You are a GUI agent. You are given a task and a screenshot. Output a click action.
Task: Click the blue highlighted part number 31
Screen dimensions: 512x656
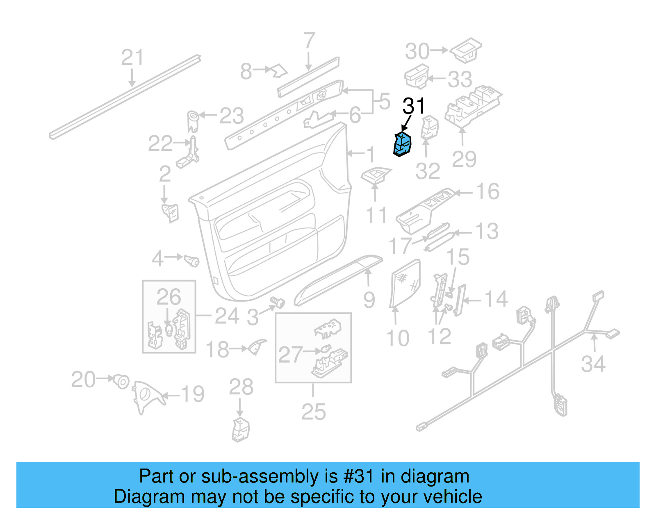(402, 145)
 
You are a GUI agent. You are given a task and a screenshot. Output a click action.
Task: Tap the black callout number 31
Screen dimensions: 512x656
(414, 106)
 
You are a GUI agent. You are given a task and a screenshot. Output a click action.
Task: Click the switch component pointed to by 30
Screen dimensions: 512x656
(466, 50)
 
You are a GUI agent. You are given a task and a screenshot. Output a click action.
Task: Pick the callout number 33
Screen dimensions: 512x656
(460, 79)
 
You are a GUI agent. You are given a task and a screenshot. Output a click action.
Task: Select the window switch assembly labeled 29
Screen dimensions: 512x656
(472, 106)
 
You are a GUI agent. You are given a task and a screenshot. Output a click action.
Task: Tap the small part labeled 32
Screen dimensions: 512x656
(430, 127)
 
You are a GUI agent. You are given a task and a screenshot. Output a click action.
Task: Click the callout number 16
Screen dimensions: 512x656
(487, 191)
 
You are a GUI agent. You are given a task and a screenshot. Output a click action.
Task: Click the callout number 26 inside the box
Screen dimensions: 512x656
(169, 297)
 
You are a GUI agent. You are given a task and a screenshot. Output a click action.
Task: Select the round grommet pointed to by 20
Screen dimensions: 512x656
(122, 381)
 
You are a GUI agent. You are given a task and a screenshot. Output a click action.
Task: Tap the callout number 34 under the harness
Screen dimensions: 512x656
(593, 364)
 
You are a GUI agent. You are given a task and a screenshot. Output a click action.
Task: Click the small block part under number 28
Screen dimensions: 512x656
(241, 430)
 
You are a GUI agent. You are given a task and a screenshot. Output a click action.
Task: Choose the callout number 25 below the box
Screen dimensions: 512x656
(313, 412)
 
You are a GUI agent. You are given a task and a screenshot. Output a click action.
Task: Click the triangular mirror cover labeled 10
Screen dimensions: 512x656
(405, 283)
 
